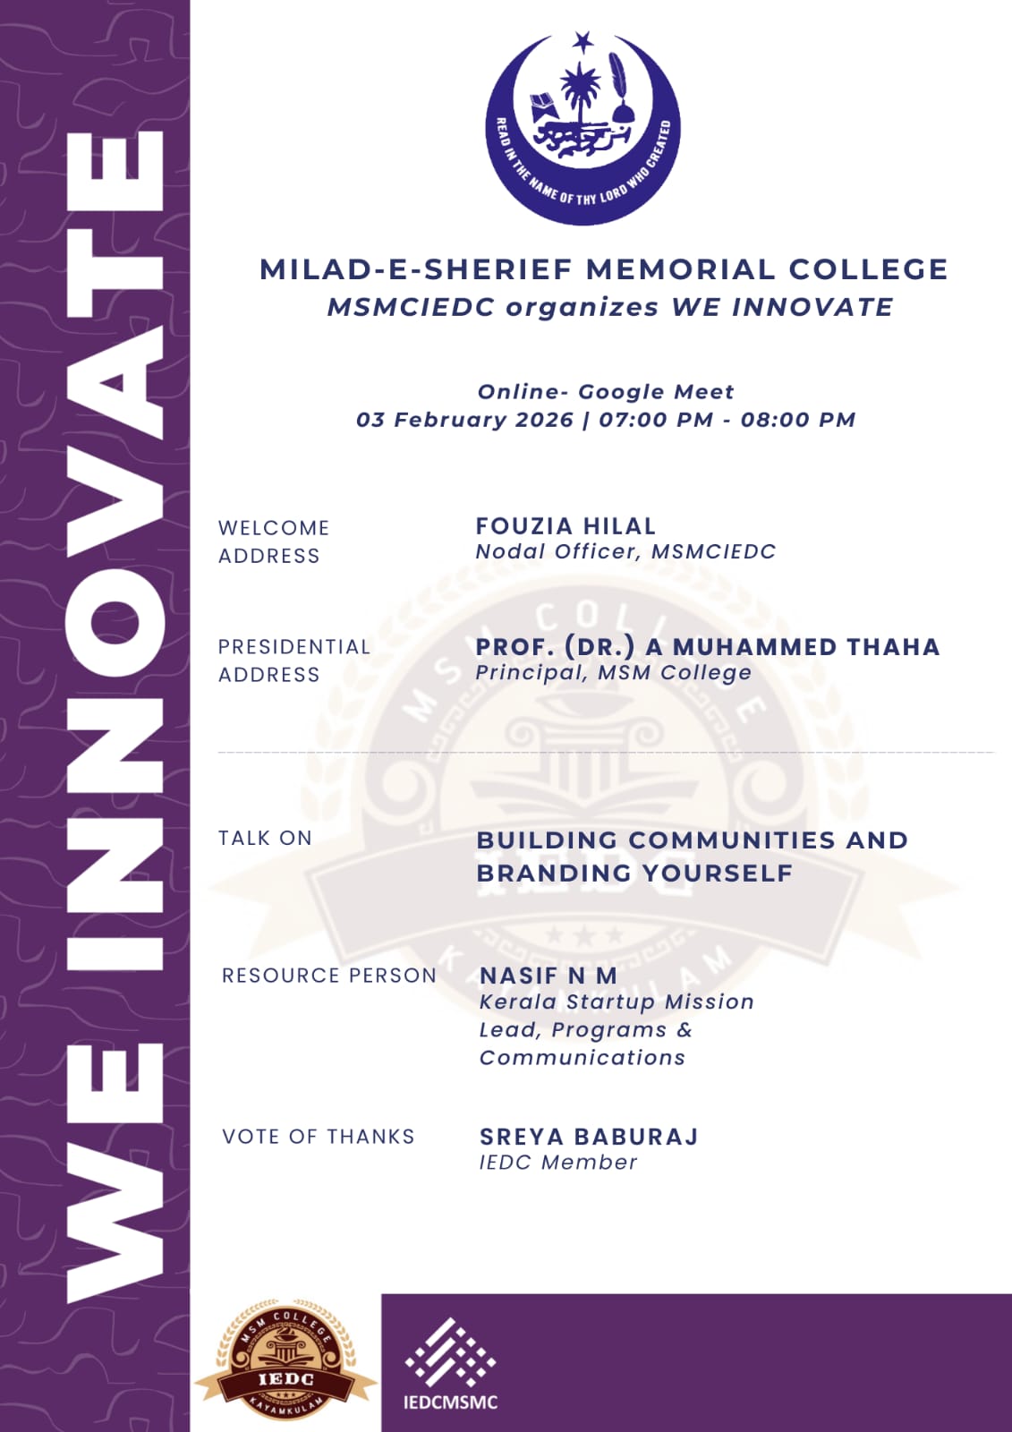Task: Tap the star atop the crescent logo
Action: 583,41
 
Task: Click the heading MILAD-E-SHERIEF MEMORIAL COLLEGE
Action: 603,269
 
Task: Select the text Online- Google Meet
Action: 606,392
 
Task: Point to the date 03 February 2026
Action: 464,420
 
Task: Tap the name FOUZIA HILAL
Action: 566,526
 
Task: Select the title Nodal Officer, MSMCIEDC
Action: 625,551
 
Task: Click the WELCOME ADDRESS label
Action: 273,541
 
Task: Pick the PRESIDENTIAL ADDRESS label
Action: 293,661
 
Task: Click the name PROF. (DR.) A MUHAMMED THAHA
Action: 707,647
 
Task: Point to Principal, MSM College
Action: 613,673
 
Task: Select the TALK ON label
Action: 265,839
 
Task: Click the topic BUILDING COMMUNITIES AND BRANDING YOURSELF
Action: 692,857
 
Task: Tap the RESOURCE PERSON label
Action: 328,976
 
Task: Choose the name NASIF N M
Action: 549,976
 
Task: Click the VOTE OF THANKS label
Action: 318,1137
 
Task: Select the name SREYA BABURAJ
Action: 589,1137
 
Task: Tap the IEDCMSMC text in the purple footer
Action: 450,1402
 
